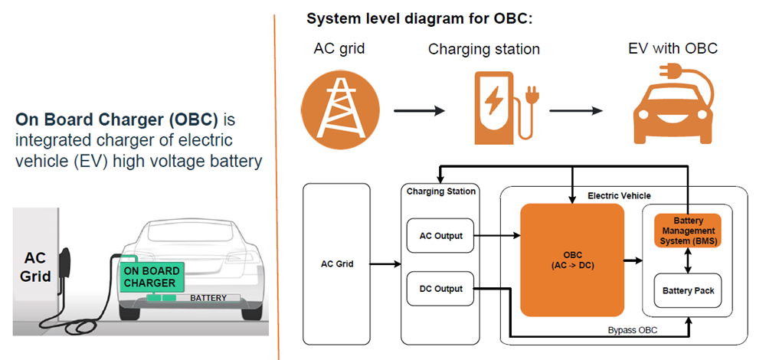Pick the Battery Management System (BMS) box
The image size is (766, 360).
pos(686,231)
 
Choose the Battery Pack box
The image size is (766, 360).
pos(686,291)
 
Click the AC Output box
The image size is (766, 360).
pos(440,236)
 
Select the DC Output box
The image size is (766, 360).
pos(440,289)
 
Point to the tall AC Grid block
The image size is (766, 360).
pos(337,263)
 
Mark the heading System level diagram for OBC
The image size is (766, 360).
pos(420,18)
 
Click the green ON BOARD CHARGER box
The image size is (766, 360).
pos(152,277)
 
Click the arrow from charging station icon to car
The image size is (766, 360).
pos(574,110)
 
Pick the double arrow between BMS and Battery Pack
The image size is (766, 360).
pos(686,261)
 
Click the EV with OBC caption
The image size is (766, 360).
pos(672,49)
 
